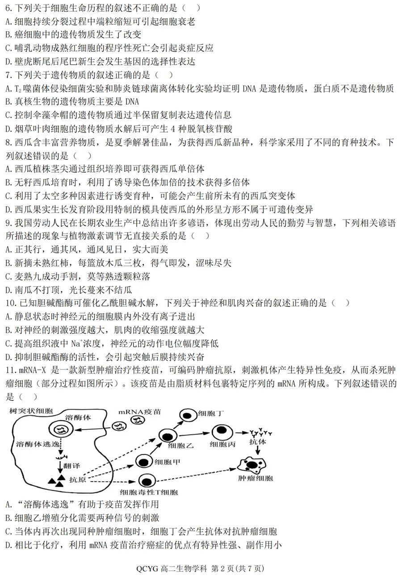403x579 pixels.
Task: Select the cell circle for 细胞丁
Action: pyautogui.click(x=189, y=415)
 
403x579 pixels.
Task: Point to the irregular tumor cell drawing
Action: pyautogui.click(x=252, y=466)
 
